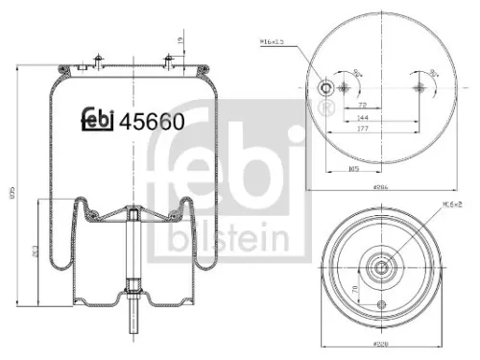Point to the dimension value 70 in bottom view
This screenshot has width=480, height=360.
point(358,287)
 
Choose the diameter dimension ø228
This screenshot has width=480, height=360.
point(381,342)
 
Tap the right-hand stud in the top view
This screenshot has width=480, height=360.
point(419,88)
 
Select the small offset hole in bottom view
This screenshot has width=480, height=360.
point(381,306)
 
